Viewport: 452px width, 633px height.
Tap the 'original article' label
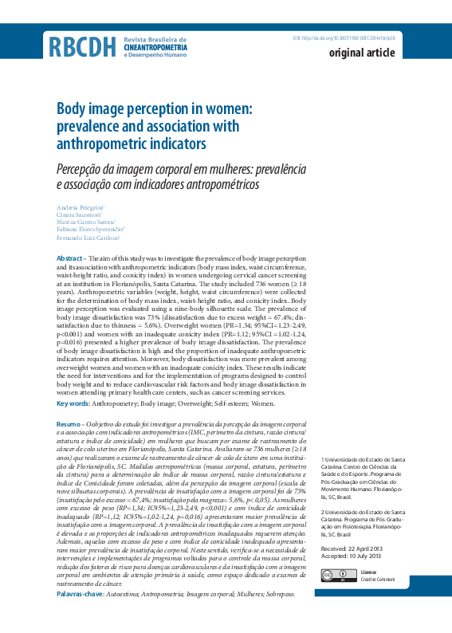coord(362,53)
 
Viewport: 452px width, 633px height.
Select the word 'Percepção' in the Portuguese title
coord(83,169)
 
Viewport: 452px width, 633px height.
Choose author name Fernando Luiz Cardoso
coord(88,238)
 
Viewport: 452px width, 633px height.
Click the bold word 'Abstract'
coord(69,260)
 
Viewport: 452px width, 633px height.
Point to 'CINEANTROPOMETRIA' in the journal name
coord(155,48)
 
